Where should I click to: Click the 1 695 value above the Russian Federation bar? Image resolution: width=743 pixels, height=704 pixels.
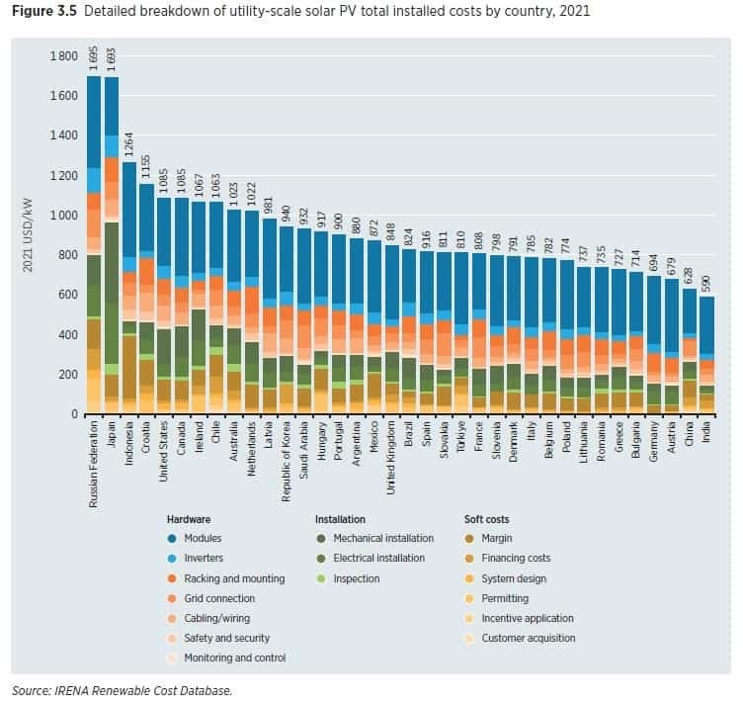pos(93,61)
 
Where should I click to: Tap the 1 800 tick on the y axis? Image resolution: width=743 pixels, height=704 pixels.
pos(63,55)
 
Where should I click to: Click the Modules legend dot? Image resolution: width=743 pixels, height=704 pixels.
pos(172,538)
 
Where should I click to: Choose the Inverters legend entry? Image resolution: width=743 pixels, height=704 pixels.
pos(204,558)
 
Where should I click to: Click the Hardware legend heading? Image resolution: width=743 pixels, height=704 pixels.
pos(189,518)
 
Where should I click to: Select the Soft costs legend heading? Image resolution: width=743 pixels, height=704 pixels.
pos(487,518)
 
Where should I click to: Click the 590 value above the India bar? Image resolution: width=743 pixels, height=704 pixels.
pos(706,283)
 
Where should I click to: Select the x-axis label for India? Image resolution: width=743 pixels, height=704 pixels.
pos(706,435)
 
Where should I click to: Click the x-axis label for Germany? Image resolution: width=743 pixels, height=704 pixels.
pos(652,442)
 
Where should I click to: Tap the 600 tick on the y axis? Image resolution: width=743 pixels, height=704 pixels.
pos(68,295)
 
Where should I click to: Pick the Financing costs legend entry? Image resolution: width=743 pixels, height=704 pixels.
pos(516,558)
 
